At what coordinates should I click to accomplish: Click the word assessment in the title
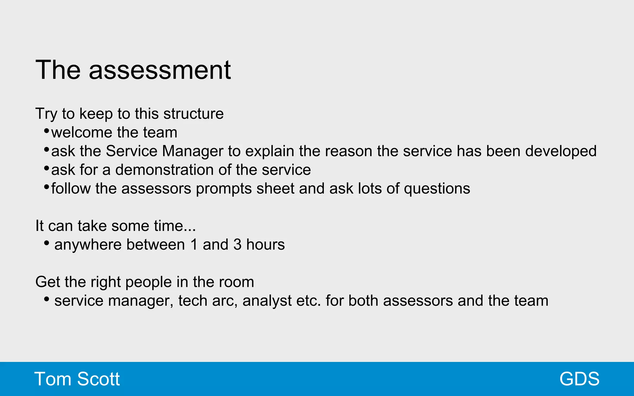[x=160, y=70]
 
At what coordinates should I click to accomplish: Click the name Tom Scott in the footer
[x=77, y=379]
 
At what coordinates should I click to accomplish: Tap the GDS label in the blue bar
[x=579, y=379]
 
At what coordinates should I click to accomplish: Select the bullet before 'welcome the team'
[x=46, y=131]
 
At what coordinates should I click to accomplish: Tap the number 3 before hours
[x=237, y=245]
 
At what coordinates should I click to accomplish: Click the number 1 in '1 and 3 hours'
[x=194, y=245]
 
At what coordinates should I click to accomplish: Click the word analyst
[x=267, y=301]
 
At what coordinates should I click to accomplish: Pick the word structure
[x=193, y=114]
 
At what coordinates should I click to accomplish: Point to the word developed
[x=561, y=151]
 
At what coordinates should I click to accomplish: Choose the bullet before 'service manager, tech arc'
[x=46, y=299]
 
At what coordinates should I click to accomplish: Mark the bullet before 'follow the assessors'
[x=46, y=187]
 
